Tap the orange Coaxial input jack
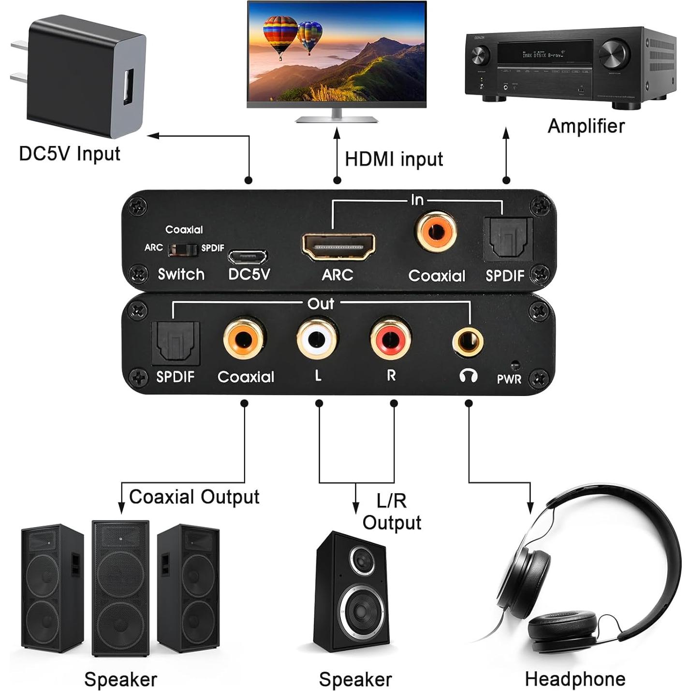click(436, 232)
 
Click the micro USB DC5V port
click(248, 256)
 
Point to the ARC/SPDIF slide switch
click(182, 250)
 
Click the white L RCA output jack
click(317, 338)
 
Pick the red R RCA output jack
click(391, 338)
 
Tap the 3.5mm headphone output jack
click(468, 342)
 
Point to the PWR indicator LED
click(515, 365)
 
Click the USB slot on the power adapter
click(128, 87)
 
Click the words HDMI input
click(394, 159)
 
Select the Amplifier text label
click(586, 126)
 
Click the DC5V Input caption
click(69, 154)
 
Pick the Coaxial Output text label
click(194, 497)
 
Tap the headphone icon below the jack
click(468, 376)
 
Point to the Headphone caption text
click(575, 679)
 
